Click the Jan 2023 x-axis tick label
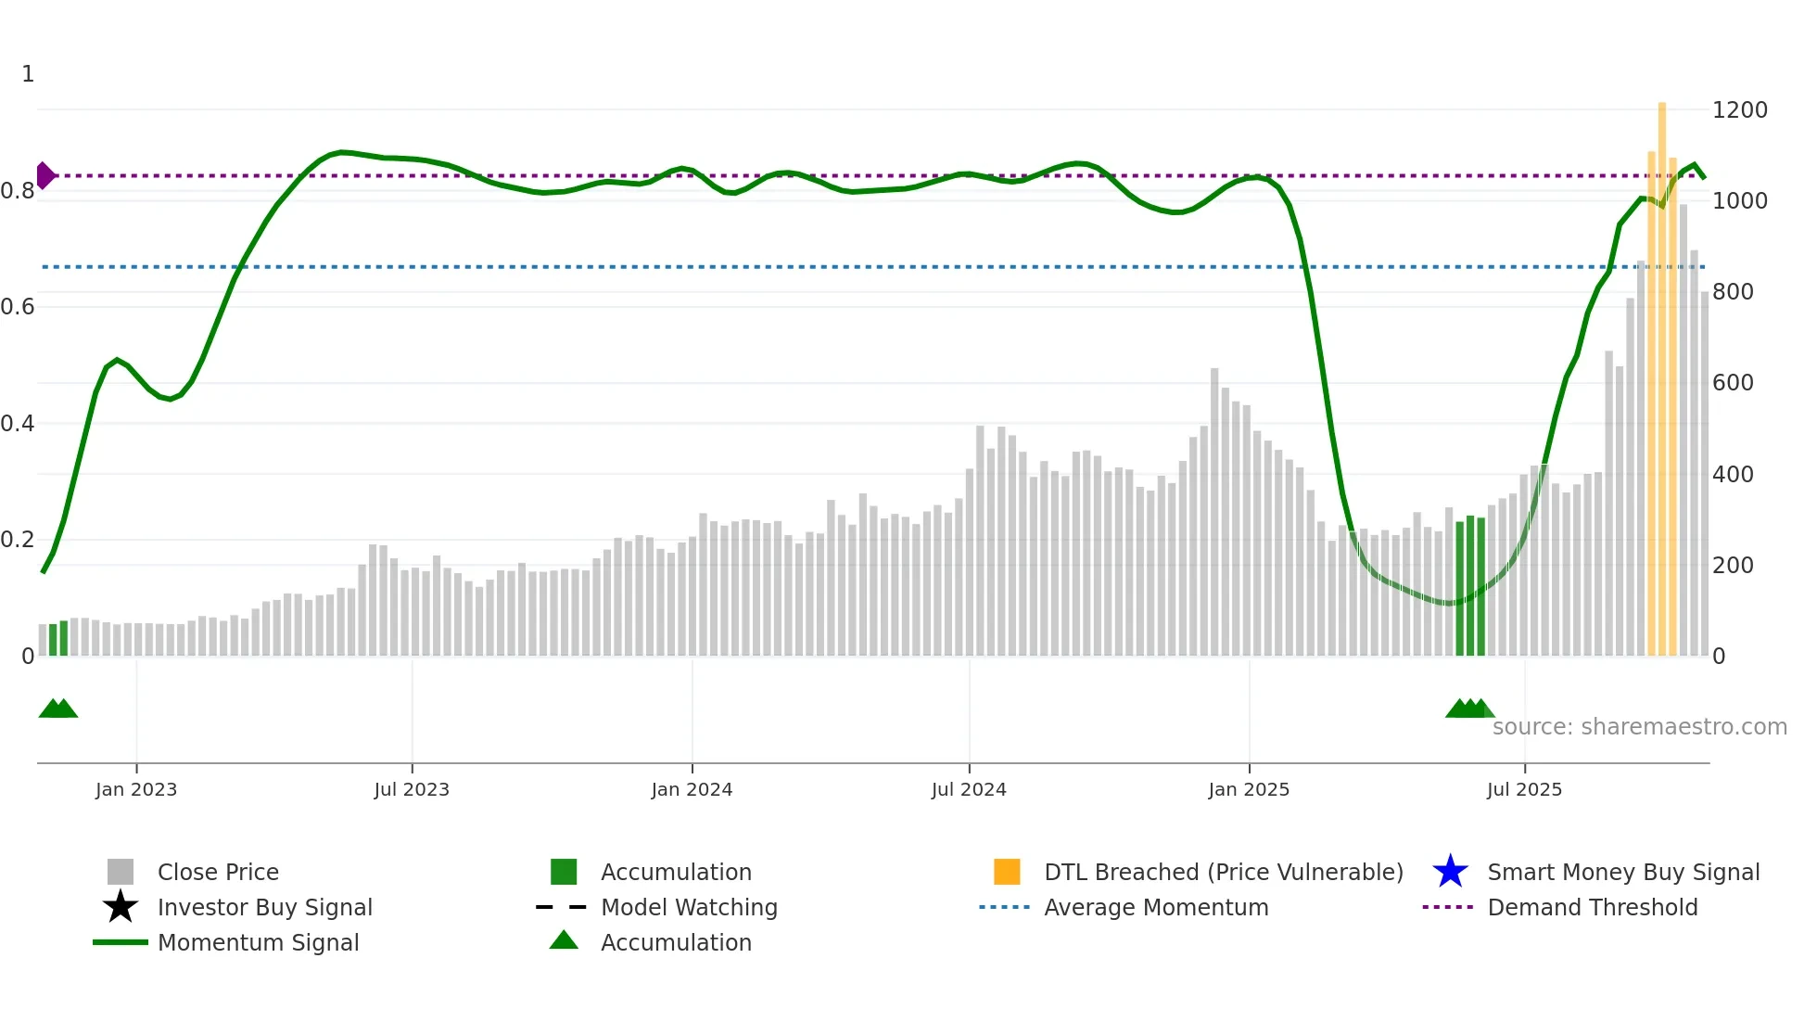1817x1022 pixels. [135, 789]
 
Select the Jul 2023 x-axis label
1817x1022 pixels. [412, 789]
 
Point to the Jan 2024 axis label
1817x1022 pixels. [692, 789]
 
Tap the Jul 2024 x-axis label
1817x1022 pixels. [969, 789]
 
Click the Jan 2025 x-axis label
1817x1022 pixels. [1249, 789]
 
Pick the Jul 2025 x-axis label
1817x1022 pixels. [1524, 789]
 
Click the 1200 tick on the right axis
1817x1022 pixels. [1739, 110]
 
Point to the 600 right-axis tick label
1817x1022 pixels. [1732, 383]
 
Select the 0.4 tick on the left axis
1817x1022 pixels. [18, 424]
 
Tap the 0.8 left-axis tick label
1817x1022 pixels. [18, 191]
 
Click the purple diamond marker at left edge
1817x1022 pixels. [44, 175]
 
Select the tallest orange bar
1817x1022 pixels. [1662, 371]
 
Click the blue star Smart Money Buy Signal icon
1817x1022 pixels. [1450, 872]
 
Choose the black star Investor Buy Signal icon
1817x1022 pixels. [121, 907]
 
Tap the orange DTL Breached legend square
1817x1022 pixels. [1007, 872]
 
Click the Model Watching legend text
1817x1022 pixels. [689, 907]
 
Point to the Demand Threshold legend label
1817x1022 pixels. [1592, 907]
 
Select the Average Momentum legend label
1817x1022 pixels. [1156, 907]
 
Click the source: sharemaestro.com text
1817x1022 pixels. [1639, 727]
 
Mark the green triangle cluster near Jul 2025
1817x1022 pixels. [1469, 709]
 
